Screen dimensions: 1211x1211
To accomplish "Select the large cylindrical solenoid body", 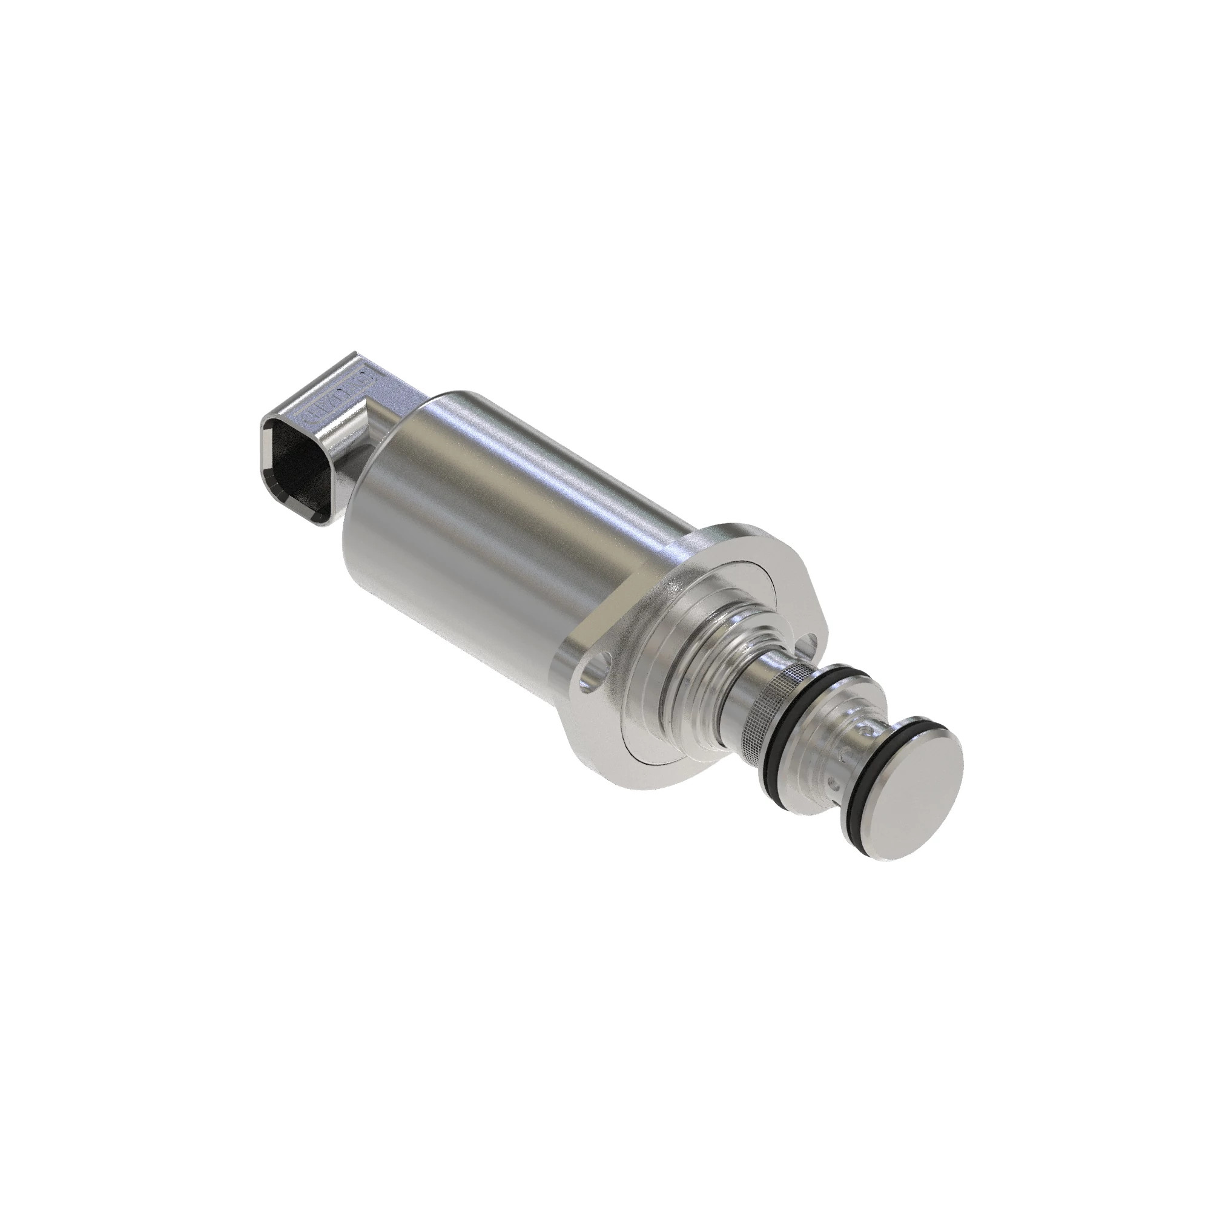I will point(501,539).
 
